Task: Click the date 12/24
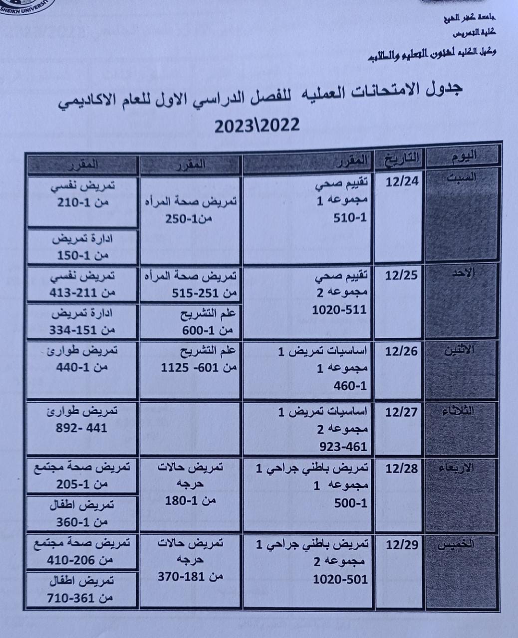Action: (402, 180)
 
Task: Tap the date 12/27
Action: (401, 412)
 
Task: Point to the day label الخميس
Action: (456, 544)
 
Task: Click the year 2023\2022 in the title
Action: (257, 125)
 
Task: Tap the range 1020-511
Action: (339, 310)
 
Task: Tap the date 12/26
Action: (401, 351)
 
